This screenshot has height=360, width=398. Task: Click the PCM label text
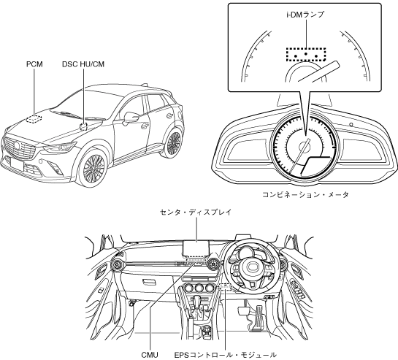pyautogui.click(x=34, y=64)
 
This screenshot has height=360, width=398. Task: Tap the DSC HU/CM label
pyautogui.click(x=83, y=64)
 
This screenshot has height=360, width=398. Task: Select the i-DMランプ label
pyautogui.click(x=305, y=15)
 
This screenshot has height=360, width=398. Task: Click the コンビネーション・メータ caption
pyautogui.click(x=305, y=195)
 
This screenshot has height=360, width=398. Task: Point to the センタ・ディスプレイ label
pyautogui.click(x=196, y=212)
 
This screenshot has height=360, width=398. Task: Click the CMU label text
pyautogui.click(x=150, y=355)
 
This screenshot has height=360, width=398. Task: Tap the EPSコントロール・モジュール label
pyautogui.click(x=226, y=355)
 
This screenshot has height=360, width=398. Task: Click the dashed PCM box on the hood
pyautogui.click(x=34, y=119)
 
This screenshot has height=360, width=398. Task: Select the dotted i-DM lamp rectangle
pyautogui.click(x=306, y=54)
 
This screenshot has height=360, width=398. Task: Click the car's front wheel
pyautogui.click(x=93, y=168)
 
